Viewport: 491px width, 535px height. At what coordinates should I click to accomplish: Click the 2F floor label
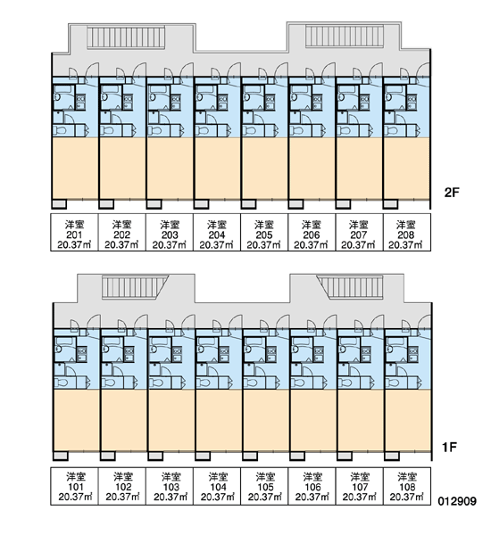pos(452,193)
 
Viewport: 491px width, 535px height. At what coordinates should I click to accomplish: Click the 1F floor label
pos(449,447)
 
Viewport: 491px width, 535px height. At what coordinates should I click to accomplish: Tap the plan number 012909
pos(457,501)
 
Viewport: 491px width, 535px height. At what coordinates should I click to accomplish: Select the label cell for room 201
pos(74,233)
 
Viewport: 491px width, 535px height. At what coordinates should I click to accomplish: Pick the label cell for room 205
pos(264,233)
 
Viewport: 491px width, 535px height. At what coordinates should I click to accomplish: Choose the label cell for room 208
pos(406,233)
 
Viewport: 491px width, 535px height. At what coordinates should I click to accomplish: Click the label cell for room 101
pos(74,486)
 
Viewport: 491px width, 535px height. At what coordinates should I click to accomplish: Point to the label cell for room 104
pos(217,486)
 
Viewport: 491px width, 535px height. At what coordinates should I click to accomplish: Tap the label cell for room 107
pos(360,486)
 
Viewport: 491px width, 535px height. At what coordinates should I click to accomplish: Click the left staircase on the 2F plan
pos(126,37)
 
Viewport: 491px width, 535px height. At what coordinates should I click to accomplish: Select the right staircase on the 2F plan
pos(345,36)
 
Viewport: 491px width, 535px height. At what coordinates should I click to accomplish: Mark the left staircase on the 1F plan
pos(136,288)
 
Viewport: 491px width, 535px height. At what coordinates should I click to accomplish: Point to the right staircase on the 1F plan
pos(350,287)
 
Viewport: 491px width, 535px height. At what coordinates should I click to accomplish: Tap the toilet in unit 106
pos(299,383)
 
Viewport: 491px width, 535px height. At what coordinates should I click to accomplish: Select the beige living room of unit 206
pos(312,168)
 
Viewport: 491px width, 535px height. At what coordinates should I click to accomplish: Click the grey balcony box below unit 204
pos(201,204)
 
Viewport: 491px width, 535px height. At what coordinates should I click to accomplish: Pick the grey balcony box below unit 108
pos(392,456)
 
